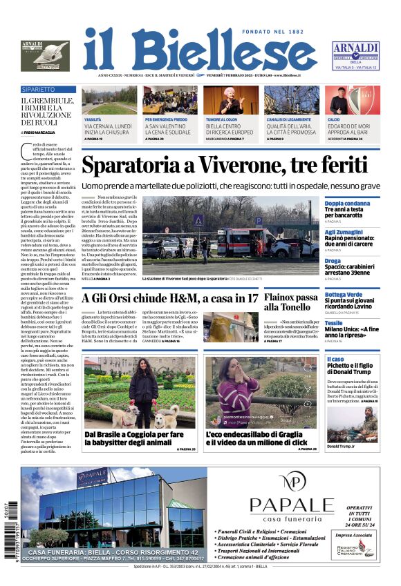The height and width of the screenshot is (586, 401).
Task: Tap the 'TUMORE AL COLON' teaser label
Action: coord(223,119)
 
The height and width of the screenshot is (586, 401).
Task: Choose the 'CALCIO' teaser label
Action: coord(334,119)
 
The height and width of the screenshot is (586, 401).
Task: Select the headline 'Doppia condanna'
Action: coord(347,204)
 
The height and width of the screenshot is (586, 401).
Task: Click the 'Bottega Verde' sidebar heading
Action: coord(344,295)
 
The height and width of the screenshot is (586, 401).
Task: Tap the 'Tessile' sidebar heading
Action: coord(333,322)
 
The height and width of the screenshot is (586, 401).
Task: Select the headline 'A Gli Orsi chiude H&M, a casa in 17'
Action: coord(169,298)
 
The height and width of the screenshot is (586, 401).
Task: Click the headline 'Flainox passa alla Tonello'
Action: coord(287,302)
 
